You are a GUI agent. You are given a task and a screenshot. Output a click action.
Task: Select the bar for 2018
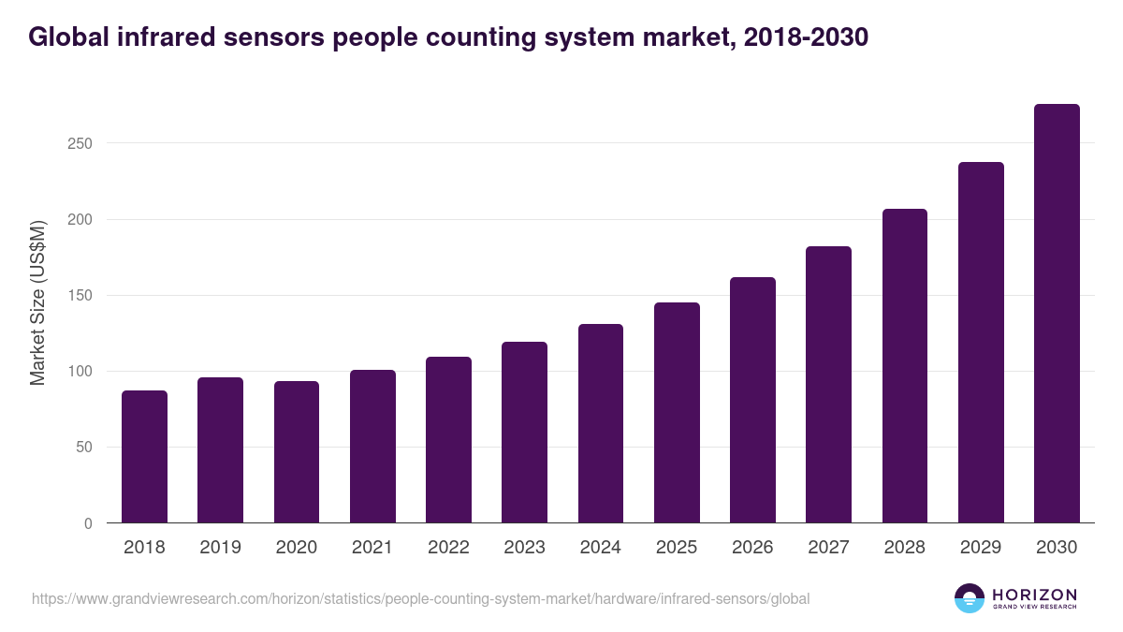(x=144, y=457)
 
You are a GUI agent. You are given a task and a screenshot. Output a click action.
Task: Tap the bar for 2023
(x=524, y=433)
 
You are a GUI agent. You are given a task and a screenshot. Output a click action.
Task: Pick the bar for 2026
(x=752, y=400)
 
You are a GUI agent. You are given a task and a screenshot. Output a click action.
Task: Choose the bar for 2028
(x=905, y=366)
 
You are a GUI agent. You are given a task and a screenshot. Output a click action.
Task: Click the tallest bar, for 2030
(x=1057, y=314)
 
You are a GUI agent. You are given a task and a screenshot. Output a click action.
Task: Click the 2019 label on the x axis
(x=220, y=548)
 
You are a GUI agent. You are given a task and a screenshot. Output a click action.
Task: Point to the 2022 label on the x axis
(x=448, y=548)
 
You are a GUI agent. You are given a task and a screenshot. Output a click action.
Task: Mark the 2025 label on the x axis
(x=677, y=548)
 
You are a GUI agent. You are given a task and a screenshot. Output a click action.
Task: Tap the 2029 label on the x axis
(x=981, y=548)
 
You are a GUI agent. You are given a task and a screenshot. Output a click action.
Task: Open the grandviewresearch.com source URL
(x=420, y=598)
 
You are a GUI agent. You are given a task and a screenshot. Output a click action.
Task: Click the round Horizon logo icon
(x=970, y=598)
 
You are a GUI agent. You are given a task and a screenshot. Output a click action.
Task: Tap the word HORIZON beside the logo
(x=1034, y=595)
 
